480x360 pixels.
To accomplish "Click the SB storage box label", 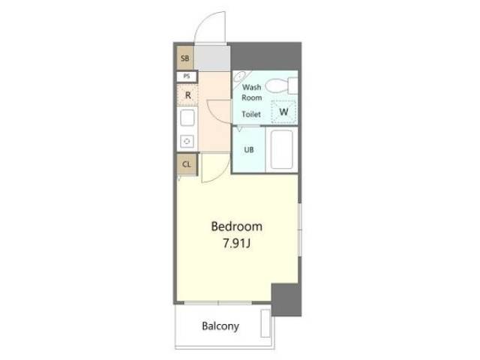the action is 185,58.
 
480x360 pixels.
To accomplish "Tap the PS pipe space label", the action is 187,76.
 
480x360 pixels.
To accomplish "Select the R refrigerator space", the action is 187,95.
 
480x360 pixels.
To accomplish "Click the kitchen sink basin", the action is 187,118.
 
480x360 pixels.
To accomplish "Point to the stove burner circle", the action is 187,142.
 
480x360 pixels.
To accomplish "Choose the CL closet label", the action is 187,164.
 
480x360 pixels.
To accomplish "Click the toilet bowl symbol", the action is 277,85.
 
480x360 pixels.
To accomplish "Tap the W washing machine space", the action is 283,112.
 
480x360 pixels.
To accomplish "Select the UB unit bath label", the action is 249,150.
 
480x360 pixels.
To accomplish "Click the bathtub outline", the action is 282,149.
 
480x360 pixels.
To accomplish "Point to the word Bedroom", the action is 237,226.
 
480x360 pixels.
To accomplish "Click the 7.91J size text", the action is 237,244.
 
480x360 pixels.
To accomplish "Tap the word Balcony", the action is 220,326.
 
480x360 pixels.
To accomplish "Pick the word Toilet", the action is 251,114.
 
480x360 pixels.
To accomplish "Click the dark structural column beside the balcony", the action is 286,300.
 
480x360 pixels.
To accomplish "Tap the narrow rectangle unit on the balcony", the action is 265,323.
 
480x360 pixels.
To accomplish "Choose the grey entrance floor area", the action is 212,58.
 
